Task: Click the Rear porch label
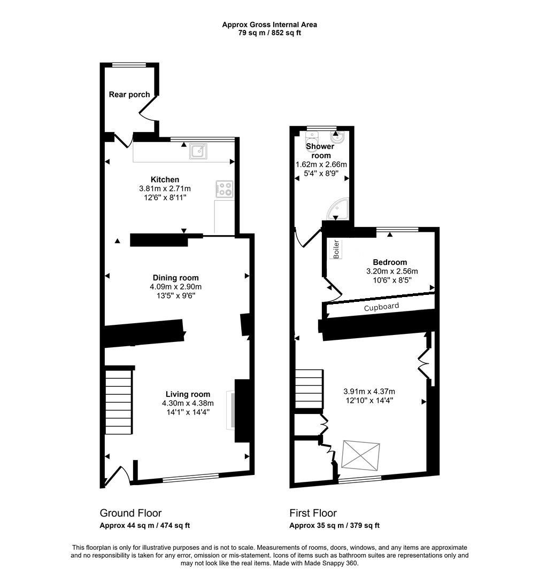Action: click(129, 95)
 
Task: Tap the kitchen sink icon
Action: click(197, 152)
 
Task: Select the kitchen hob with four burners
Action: click(225, 189)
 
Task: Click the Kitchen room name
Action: click(165, 180)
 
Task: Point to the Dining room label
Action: click(175, 278)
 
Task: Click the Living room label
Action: click(188, 394)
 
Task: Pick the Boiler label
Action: click(336, 249)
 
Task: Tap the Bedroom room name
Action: click(390, 262)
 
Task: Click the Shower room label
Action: click(320, 151)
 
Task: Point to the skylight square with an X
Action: click(361, 454)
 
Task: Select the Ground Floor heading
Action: click(130, 513)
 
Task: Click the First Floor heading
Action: click(313, 513)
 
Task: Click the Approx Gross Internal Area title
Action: click(269, 25)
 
